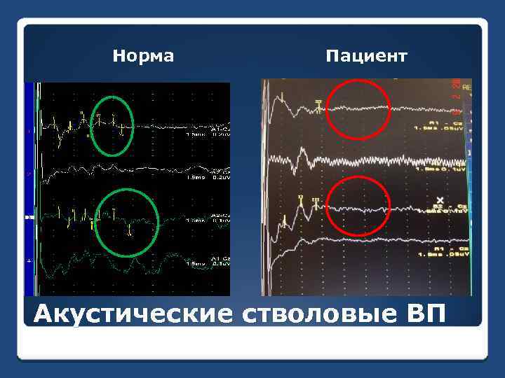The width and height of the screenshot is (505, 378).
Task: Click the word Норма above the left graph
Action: (143, 55)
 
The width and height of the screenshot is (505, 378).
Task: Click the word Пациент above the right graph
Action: (365, 55)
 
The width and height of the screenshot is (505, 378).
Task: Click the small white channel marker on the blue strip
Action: (29, 218)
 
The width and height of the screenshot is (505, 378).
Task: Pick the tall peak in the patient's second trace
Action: (302, 152)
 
